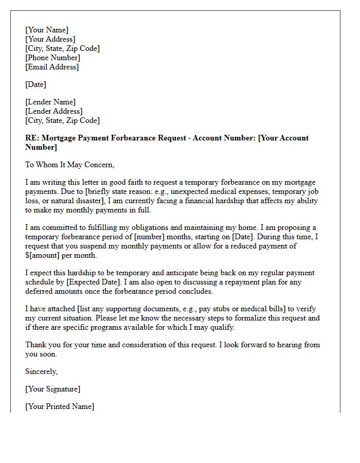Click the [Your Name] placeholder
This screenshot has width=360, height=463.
tap(47, 30)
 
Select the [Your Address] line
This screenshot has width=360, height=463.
tap(50, 39)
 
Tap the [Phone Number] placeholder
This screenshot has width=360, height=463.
tap(52, 58)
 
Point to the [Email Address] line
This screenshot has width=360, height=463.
tap(52, 67)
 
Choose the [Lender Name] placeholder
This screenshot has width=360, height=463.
tap(50, 102)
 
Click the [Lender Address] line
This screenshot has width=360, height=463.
tap(54, 111)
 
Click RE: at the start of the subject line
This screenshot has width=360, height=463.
tap(32, 138)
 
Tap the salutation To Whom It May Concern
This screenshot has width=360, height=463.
tap(69, 165)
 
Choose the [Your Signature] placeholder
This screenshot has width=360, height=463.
tap(53, 389)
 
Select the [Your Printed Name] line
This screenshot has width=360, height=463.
tap(60, 406)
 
